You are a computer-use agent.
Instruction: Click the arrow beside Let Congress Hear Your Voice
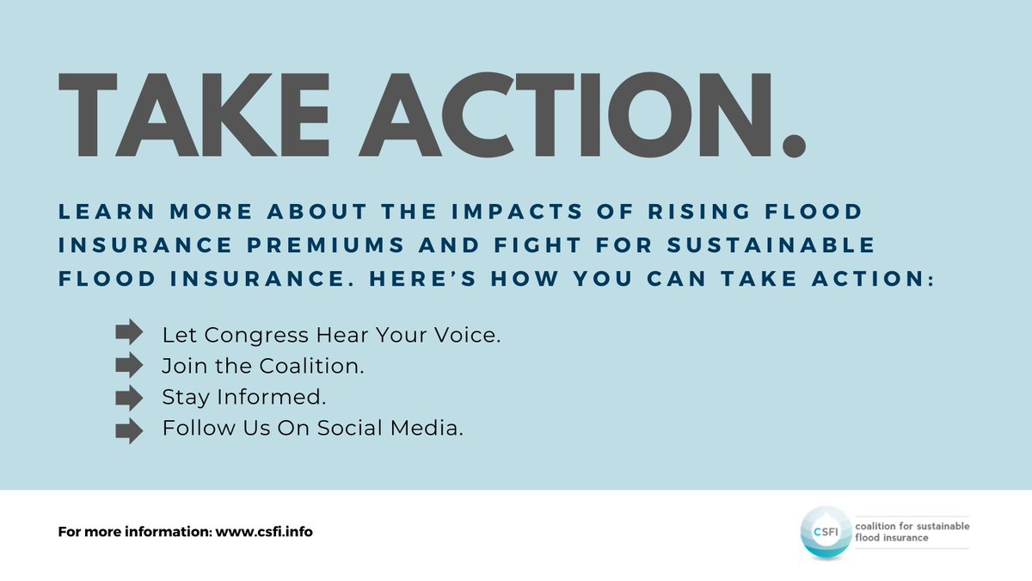[128, 331]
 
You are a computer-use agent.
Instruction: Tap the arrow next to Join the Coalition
[128, 365]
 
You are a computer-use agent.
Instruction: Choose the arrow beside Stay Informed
[128, 398]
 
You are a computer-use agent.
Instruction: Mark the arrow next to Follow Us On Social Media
[128, 430]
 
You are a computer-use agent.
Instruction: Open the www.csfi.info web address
[264, 532]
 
